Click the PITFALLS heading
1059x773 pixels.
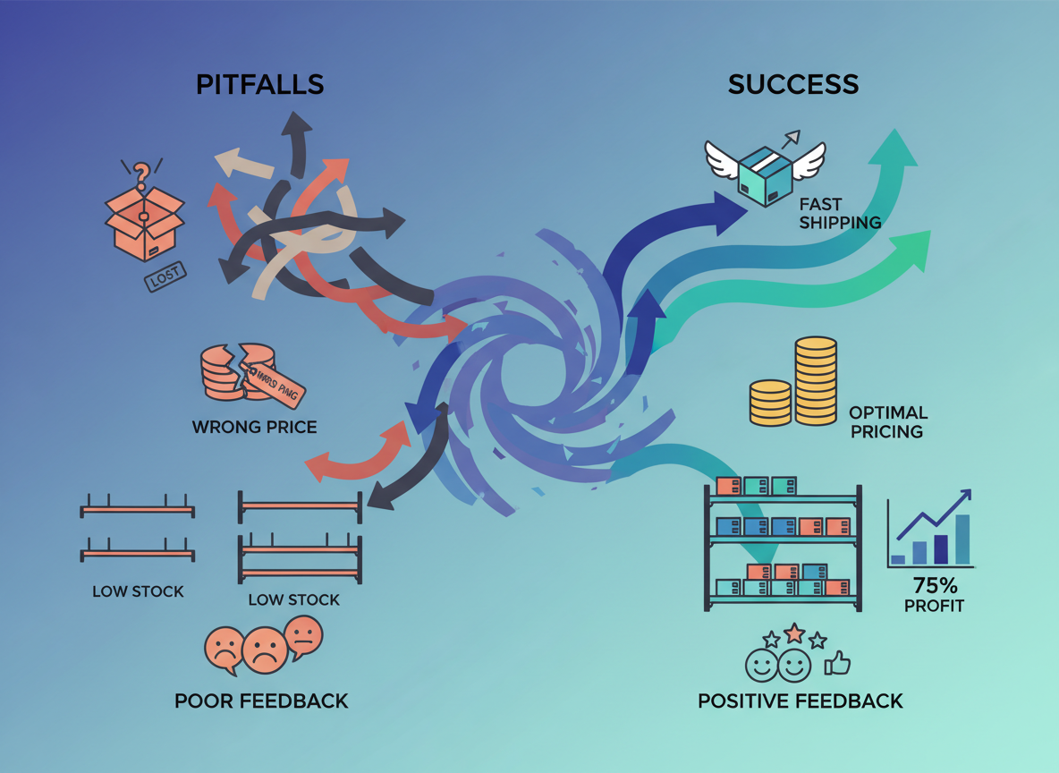coord(259,84)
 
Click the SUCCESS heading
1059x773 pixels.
coord(792,84)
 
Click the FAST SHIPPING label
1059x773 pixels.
coord(840,214)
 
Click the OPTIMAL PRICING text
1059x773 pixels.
coord(887,422)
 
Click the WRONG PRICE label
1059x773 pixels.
coord(254,427)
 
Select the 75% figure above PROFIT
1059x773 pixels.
coord(935,586)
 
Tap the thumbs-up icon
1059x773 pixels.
coord(837,663)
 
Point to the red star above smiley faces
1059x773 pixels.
coord(794,633)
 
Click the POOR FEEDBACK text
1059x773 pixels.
coord(261,701)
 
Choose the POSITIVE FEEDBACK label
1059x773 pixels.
coord(800,701)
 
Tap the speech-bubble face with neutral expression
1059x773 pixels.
coord(304,635)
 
